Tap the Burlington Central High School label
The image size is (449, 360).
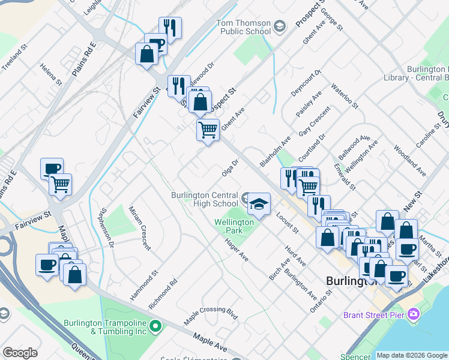tap(205, 199)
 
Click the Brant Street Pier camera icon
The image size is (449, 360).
tap(413, 314)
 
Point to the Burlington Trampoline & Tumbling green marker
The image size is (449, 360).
tap(156, 327)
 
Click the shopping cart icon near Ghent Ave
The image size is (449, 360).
tap(208, 130)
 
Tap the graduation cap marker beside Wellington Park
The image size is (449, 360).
tap(259, 205)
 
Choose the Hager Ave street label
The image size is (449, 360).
tap(236, 248)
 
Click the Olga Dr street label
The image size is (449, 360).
tap(231, 168)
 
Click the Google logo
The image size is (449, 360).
tap(20, 353)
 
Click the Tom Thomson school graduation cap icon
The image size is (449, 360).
tap(279, 26)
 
